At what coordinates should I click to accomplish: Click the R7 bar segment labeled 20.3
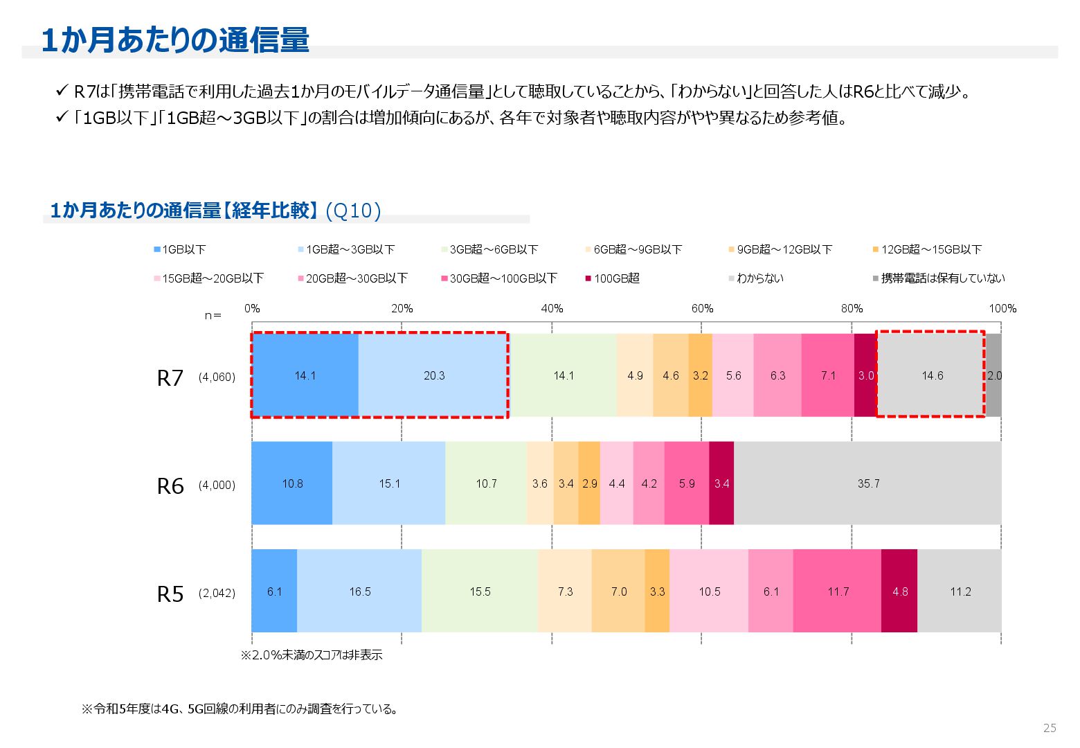pos(433,375)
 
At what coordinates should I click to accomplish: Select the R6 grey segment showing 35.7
pos(867,483)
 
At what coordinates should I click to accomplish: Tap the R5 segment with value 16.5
pos(359,591)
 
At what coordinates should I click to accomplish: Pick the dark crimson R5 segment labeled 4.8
pos(899,591)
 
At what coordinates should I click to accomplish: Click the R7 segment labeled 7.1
pos(828,375)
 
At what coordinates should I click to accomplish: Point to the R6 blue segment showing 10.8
pos(292,483)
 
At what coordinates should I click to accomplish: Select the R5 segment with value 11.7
pos(838,591)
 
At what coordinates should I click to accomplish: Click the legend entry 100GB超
pos(616,278)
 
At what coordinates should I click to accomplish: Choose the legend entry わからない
pos(759,278)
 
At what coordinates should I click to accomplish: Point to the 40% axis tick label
pos(552,309)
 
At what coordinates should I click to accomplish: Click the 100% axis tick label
pos(1002,309)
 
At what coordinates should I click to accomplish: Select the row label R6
pos(170,486)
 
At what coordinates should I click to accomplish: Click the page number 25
pos(1050,728)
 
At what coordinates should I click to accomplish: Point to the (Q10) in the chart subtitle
pos(353,211)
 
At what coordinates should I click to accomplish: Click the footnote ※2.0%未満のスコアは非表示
pos(312,655)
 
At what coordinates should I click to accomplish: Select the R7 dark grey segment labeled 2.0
pos(993,375)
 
